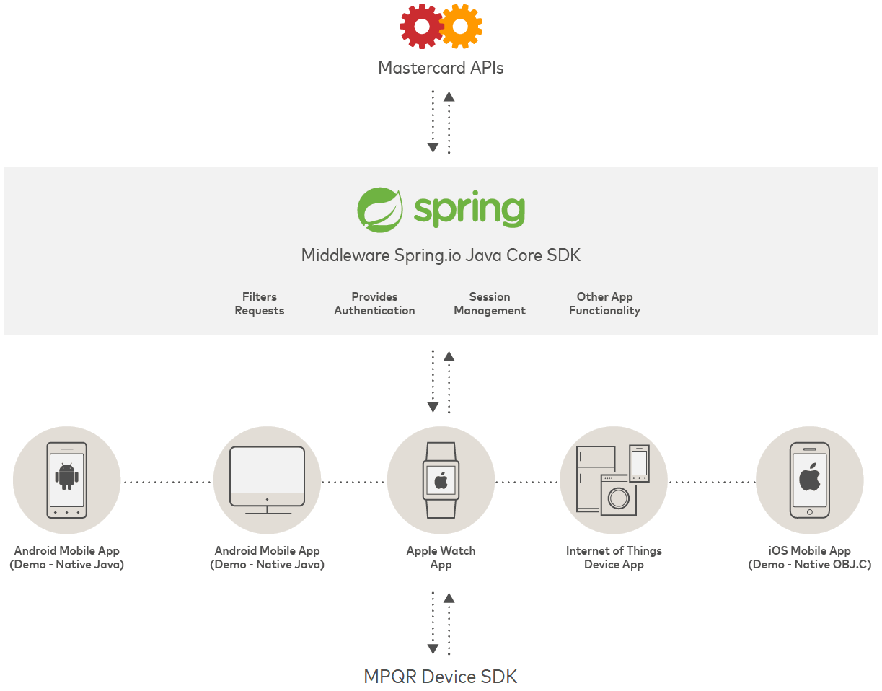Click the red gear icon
420,27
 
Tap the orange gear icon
460,27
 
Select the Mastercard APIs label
441,68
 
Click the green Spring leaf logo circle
379,209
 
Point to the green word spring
469,209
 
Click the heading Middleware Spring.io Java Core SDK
441,255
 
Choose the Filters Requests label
260,304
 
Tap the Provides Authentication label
374,304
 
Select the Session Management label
490,304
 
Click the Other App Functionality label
604,304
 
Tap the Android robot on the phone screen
67,476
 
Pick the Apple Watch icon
441,480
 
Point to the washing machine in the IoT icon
619,496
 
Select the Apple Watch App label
441,558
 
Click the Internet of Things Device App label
614,558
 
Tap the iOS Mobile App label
809,558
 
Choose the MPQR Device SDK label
441,677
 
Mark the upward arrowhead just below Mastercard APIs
449,96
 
